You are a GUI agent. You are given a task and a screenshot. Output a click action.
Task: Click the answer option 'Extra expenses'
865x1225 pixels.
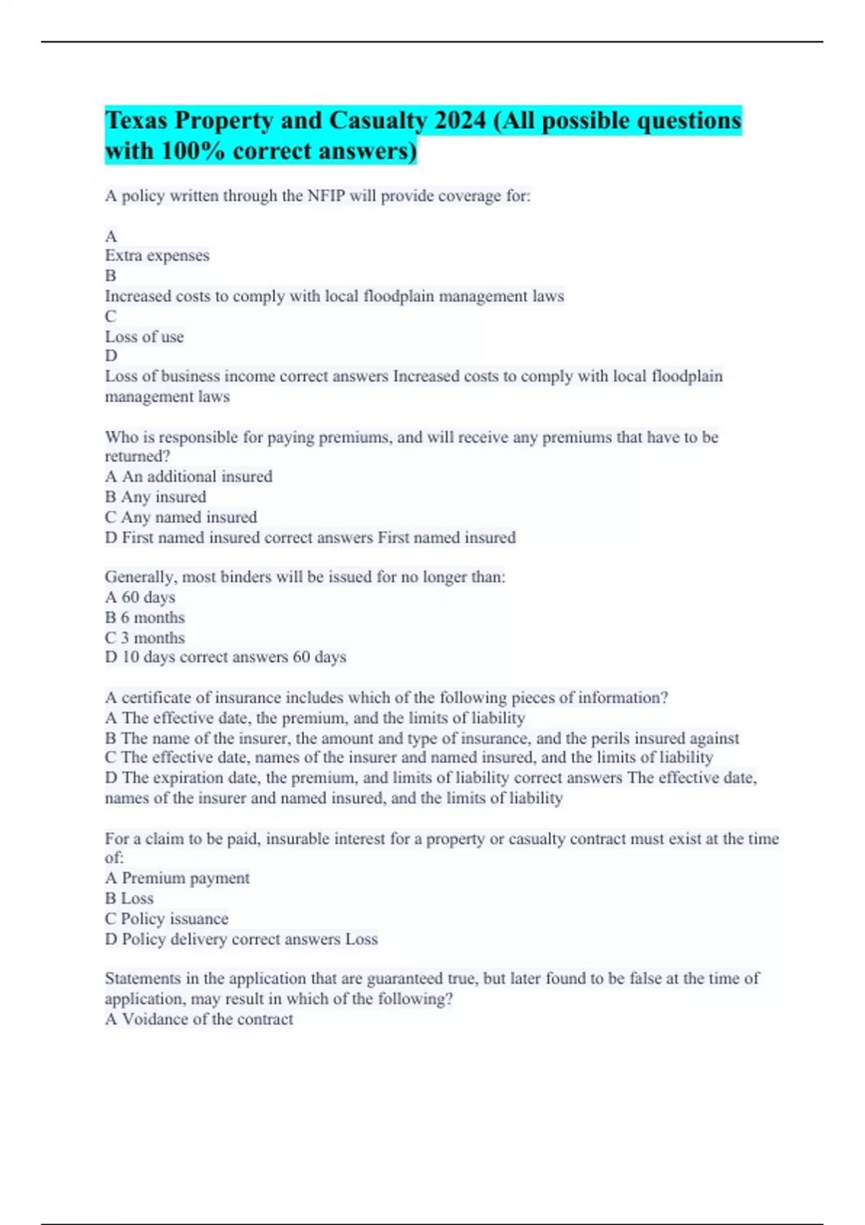tap(157, 256)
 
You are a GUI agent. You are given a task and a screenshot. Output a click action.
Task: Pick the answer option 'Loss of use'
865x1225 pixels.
tap(144, 337)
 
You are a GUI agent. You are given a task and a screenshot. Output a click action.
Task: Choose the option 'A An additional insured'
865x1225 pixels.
tap(189, 476)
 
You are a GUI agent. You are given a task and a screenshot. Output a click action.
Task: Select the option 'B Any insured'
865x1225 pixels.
tap(156, 496)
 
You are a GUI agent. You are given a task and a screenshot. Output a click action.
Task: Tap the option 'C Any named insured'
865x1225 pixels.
tap(181, 517)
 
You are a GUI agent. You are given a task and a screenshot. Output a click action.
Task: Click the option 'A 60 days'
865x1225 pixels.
tap(140, 597)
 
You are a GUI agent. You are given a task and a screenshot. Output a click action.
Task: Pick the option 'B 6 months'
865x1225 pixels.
tap(145, 618)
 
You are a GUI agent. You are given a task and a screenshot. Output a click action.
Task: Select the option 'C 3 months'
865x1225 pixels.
tap(145, 638)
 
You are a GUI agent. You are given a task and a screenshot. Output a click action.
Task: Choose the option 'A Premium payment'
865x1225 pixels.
tap(177, 878)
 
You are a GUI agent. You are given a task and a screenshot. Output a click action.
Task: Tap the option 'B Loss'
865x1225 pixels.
tap(129, 898)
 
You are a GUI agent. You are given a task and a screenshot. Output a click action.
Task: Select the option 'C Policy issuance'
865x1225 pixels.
tap(167, 918)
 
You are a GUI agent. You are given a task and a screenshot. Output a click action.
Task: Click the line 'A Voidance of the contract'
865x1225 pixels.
tap(199, 1019)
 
